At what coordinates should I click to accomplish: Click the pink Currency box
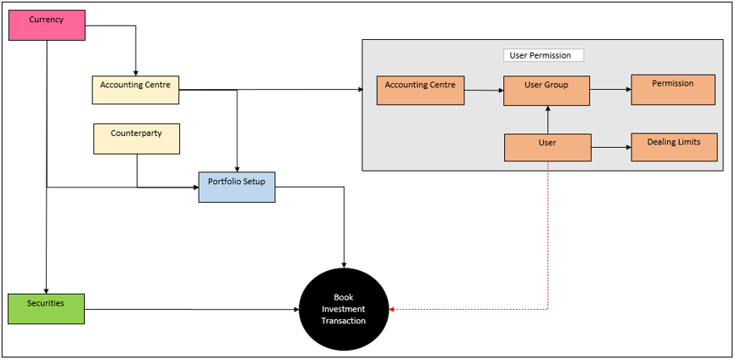[x=47, y=25]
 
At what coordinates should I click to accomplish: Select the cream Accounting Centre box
[x=136, y=89]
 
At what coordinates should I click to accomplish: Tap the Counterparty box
[x=137, y=138]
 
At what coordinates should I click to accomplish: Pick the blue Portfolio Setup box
[x=237, y=187]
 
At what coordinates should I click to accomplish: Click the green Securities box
[x=47, y=309]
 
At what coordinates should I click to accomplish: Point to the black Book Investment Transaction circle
[x=344, y=310]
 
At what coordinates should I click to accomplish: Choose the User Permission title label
[x=543, y=55]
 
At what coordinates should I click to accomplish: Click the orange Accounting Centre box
[x=420, y=91]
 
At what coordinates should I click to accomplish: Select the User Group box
[x=547, y=91]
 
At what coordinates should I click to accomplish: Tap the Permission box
[x=673, y=89]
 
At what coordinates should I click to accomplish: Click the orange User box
[x=547, y=148]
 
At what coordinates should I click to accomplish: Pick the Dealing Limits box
[x=674, y=147]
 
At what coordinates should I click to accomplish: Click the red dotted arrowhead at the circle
[x=392, y=309]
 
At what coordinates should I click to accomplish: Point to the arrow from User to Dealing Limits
[x=611, y=147]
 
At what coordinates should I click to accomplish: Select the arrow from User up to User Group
[x=547, y=120]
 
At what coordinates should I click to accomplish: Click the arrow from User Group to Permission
[x=611, y=89]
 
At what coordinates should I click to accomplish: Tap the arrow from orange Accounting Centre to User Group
[x=485, y=91]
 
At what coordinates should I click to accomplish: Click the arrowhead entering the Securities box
[x=46, y=290]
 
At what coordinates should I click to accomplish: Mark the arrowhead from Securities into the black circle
[x=295, y=309]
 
